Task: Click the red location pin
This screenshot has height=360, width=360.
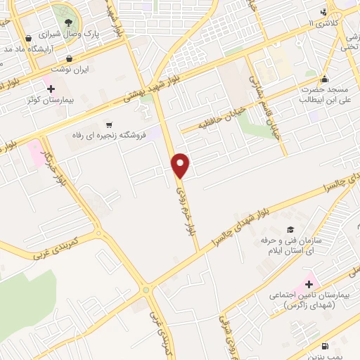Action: tap(181, 165)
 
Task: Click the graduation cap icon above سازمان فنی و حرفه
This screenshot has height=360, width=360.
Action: tap(290, 230)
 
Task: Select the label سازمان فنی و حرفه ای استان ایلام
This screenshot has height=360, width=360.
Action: tap(290, 246)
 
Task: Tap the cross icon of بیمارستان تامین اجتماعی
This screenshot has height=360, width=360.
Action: tap(309, 283)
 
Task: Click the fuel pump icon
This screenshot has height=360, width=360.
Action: tap(324, 346)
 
